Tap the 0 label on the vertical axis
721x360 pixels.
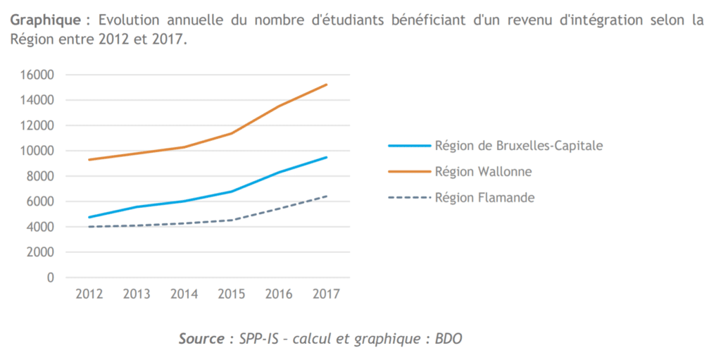coord(51,278)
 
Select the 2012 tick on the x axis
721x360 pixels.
coord(89,294)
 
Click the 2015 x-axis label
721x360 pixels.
coord(232,294)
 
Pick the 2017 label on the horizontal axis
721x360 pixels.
coord(326,294)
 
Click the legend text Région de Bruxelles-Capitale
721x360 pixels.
coord(519,146)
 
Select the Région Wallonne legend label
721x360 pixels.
coord(483,171)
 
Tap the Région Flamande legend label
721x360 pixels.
coord(484,198)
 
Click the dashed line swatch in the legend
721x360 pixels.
coord(409,198)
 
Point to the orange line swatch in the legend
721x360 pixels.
coord(409,171)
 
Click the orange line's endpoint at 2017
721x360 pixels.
coord(327,85)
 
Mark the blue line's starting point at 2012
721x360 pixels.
coord(89,217)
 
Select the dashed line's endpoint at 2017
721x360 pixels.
coord(327,196)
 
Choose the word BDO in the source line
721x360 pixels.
coord(448,339)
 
